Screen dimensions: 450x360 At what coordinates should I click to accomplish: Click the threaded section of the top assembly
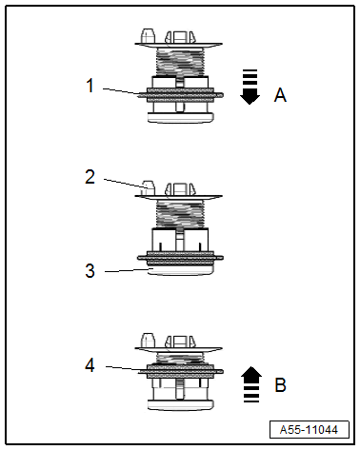180,62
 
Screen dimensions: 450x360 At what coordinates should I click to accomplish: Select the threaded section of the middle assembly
180,213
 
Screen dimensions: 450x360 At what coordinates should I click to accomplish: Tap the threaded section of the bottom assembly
180,357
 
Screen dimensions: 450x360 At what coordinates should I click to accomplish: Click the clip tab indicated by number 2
147,187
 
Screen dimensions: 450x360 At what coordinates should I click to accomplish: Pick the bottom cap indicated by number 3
180,269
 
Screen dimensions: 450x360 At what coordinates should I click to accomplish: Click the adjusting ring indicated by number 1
180,94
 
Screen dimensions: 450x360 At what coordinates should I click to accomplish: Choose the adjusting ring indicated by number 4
180,370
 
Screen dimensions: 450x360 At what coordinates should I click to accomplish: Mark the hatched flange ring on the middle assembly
180,256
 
